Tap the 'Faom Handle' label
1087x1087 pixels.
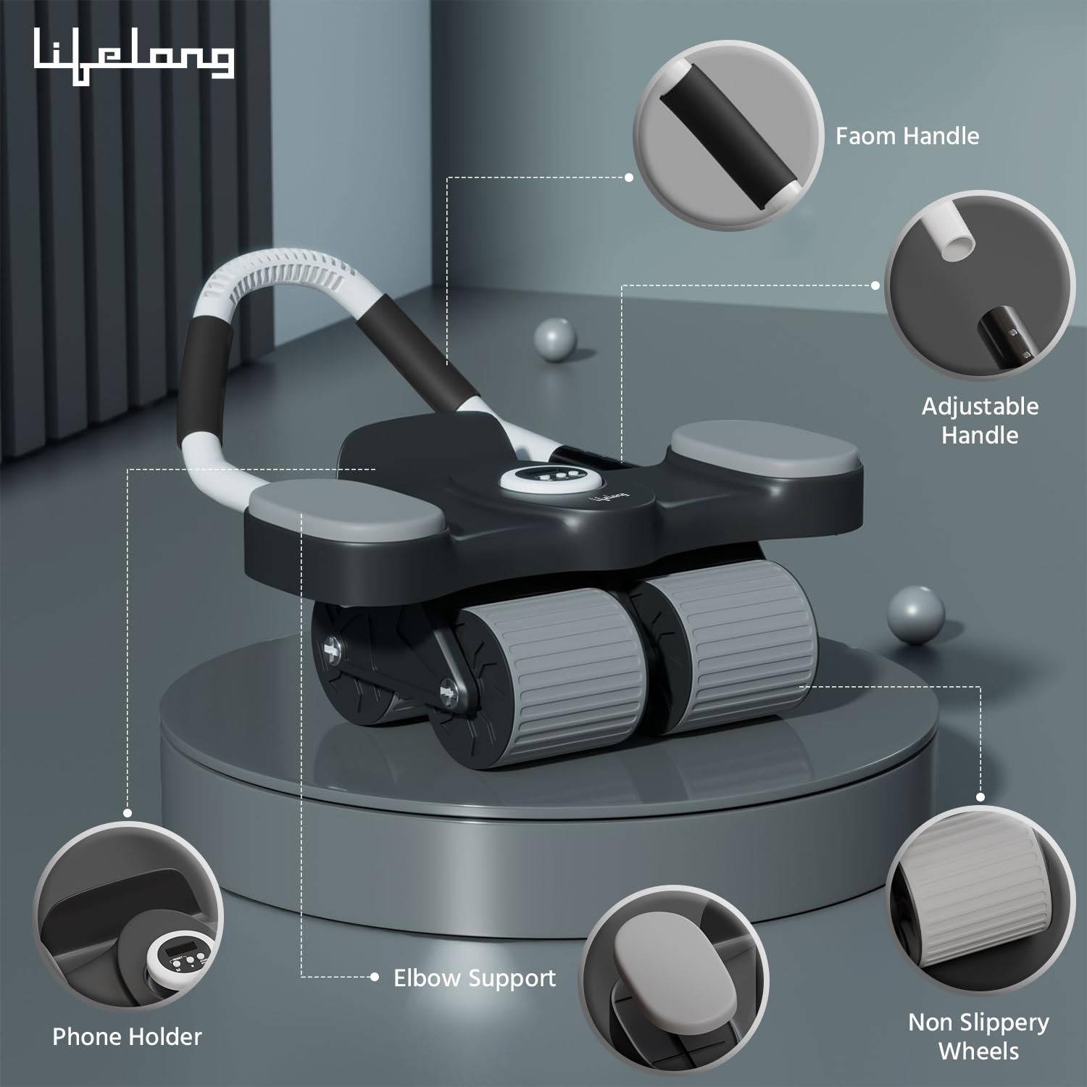[907, 136]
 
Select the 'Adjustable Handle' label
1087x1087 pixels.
[980, 420]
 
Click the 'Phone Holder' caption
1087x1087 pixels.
[127, 1036]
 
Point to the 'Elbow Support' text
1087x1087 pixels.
[475, 978]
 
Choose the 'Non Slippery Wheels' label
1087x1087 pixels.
[978, 1036]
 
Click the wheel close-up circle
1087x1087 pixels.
[979, 896]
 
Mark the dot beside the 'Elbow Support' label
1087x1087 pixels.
[375, 977]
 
